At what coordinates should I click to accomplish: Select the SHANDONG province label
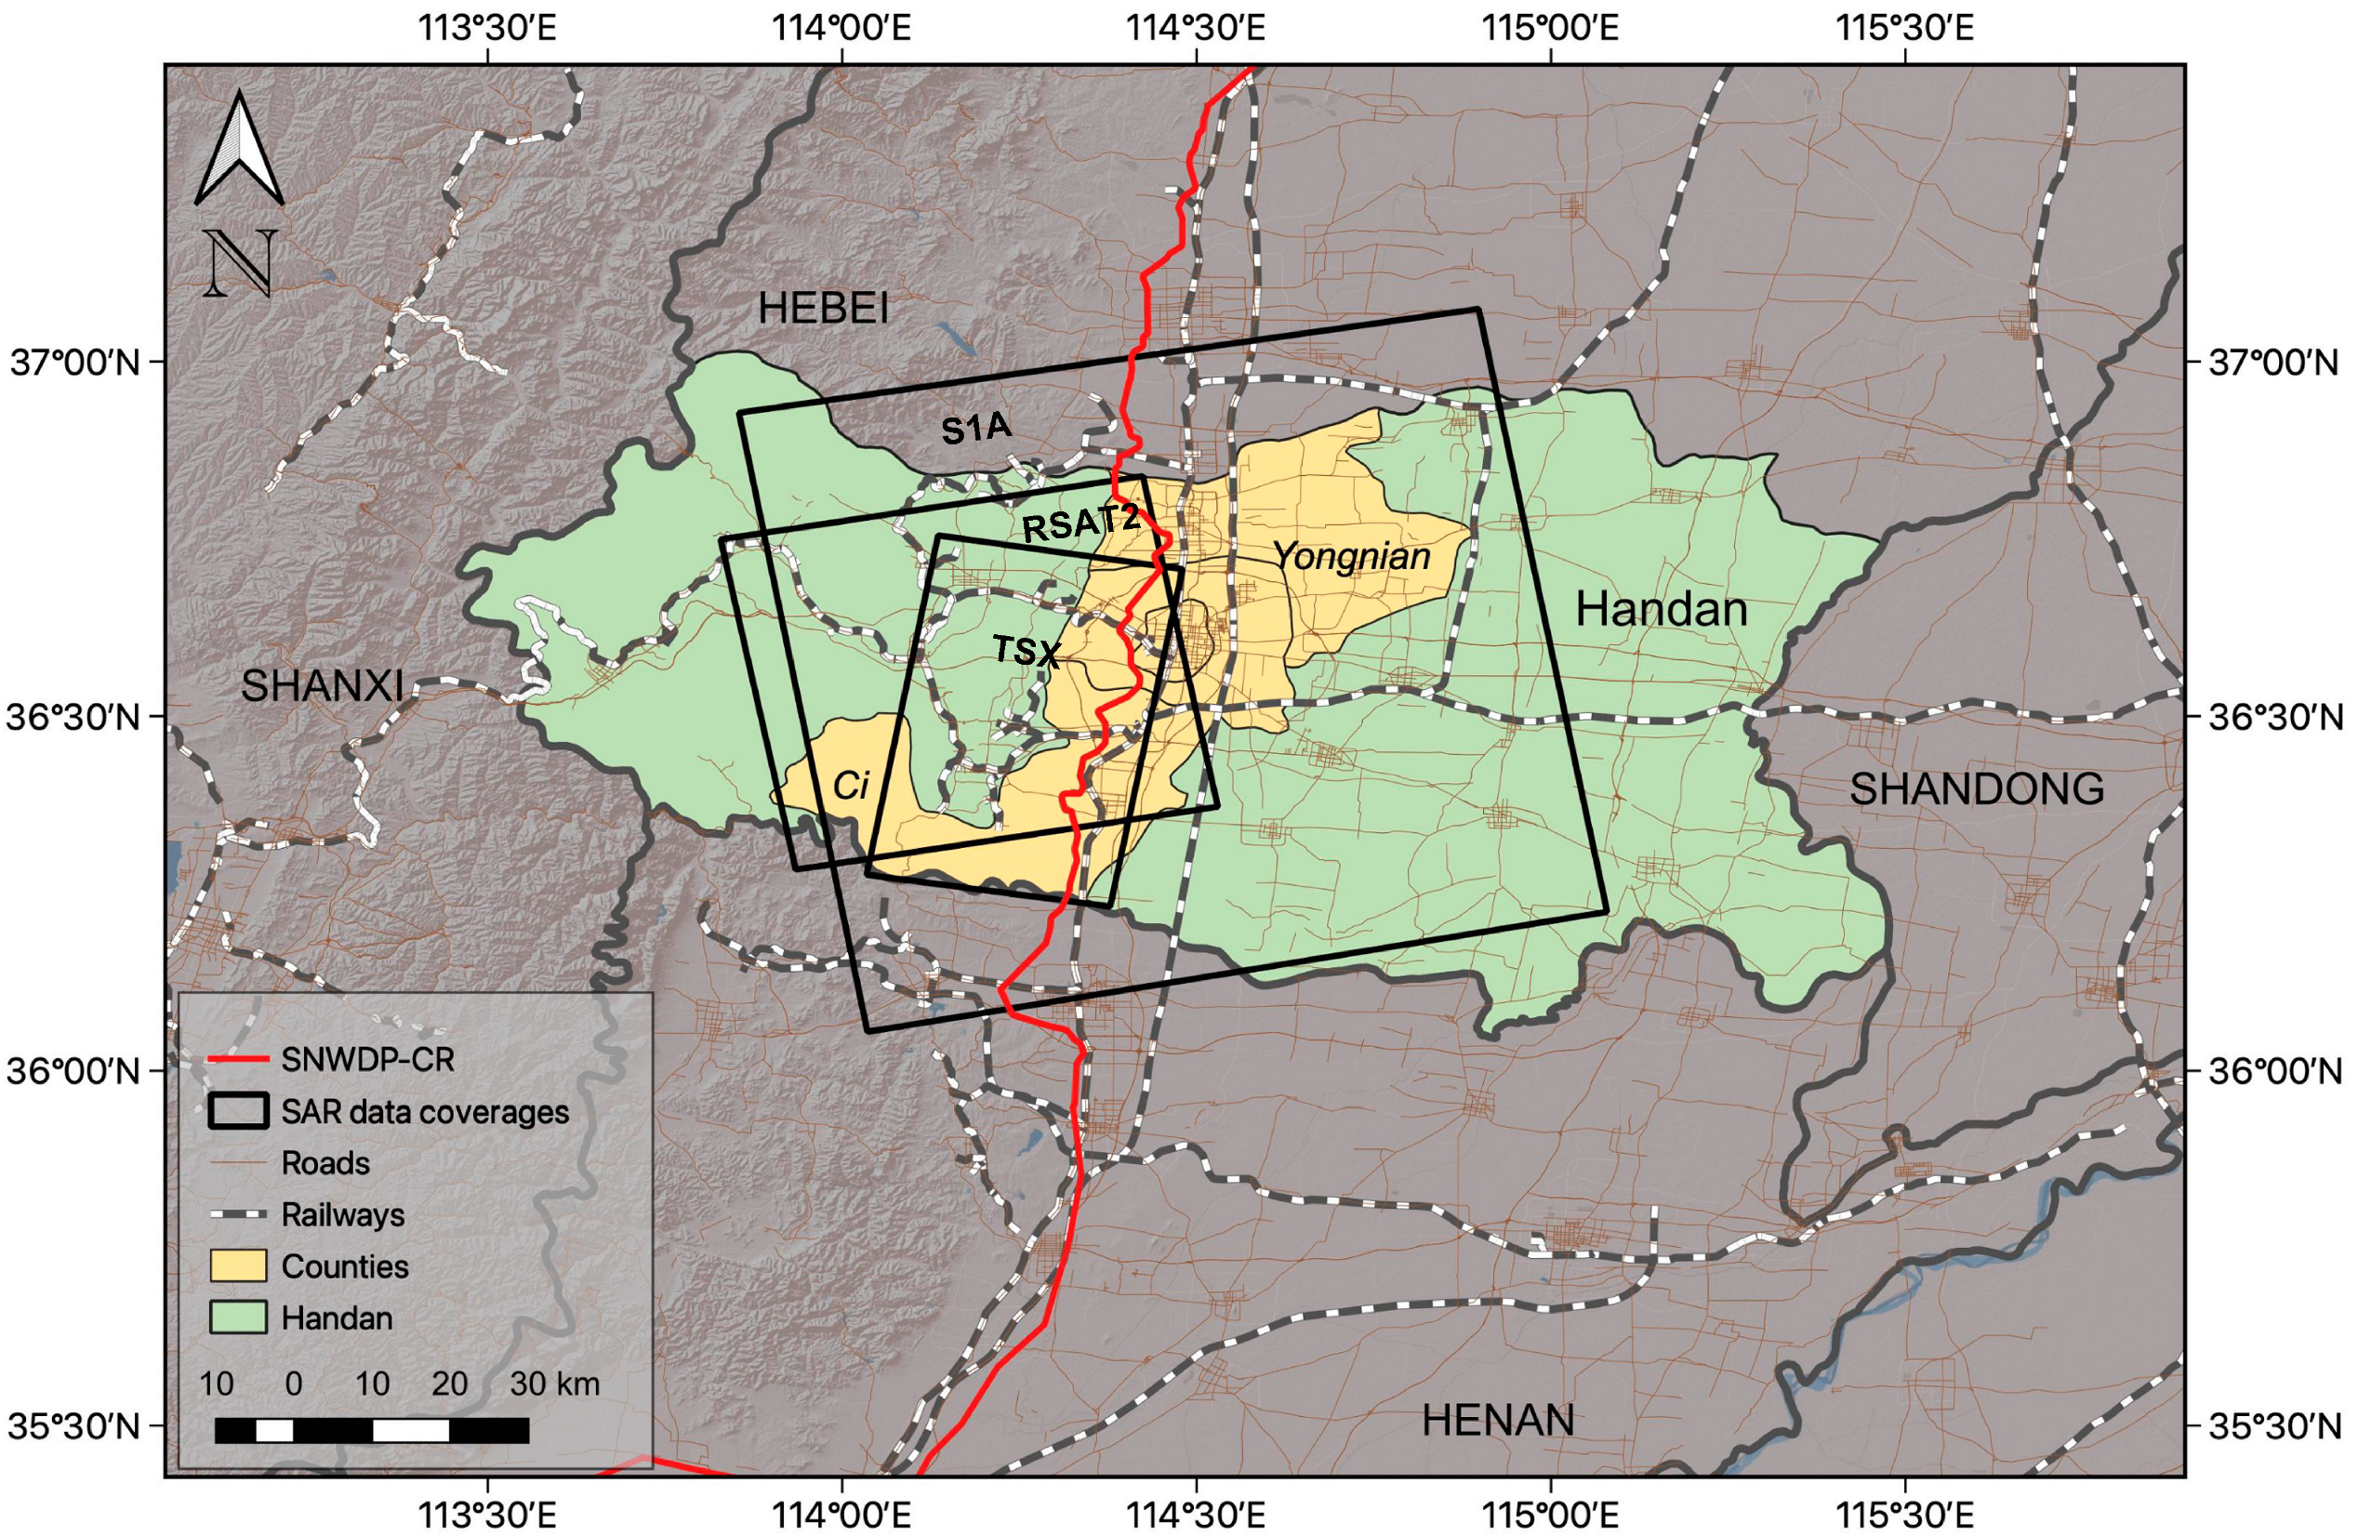click(x=1977, y=788)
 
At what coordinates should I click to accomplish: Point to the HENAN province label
click(x=1497, y=1420)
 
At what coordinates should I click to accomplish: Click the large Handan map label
click(x=1662, y=608)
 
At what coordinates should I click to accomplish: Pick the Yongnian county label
click(x=1351, y=557)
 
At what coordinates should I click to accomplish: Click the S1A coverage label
click(x=976, y=429)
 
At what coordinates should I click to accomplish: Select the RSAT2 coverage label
click(x=1080, y=523)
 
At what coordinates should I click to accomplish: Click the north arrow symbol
click(x=240, y=149)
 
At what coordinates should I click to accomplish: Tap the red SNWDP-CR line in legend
click(x=238, y=1059)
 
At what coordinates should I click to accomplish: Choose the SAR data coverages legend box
click(x=238, y=1111)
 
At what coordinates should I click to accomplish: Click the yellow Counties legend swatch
click(x=238, y=1265)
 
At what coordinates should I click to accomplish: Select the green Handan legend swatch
click(x=238, y=1317)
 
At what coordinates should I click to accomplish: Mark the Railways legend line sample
click(x=238, y=1214)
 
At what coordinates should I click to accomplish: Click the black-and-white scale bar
click(x=372, y=1430)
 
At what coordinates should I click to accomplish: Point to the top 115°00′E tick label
click(x=1550, y=28)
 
